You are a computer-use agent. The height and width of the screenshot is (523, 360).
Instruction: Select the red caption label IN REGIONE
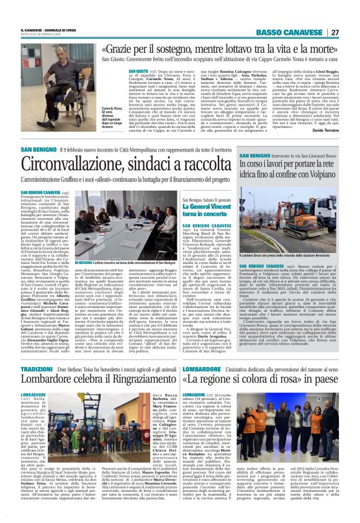(84, 263)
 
